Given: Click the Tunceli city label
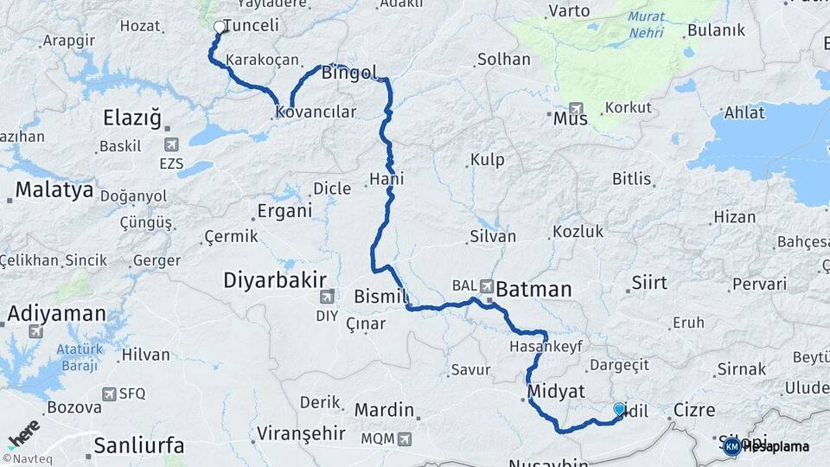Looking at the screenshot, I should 252,25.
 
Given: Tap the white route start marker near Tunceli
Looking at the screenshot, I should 219,27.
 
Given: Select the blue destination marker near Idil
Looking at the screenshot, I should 619,409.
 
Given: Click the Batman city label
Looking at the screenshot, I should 533,289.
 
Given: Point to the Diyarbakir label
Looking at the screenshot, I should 275,279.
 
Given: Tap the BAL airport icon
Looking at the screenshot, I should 487,285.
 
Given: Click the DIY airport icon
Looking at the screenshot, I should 327,297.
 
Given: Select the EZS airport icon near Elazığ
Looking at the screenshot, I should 170,144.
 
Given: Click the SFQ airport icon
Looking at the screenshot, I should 109,393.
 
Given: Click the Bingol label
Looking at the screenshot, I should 346,74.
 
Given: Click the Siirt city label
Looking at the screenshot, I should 648,282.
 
